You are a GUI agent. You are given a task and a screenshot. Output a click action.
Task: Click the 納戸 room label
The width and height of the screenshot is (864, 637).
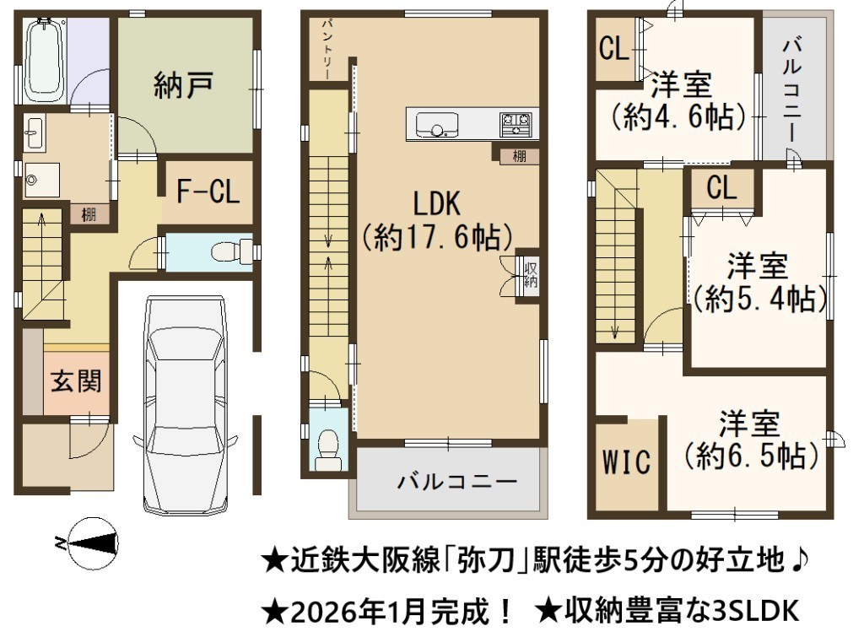[183, 85]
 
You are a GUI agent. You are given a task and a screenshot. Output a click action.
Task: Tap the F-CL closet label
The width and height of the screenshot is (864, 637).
[208, 192]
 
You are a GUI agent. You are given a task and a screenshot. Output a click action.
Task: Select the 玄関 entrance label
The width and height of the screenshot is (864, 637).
[76, 381]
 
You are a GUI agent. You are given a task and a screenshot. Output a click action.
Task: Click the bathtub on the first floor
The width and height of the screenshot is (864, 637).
[46, 60]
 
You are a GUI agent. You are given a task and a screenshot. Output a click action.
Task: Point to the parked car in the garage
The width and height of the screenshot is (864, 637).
[185, 406]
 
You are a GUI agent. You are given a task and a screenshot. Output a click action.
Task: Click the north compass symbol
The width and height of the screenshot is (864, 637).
[94, 543]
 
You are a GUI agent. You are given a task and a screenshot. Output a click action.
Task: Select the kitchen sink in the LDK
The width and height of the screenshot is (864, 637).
[437, 125]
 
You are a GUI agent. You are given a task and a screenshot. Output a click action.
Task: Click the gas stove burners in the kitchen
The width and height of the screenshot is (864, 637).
[516, 124]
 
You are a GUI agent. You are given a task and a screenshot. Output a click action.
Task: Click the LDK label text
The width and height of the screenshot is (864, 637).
[436, 203]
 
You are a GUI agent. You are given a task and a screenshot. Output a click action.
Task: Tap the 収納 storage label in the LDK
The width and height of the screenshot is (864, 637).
[531, 276]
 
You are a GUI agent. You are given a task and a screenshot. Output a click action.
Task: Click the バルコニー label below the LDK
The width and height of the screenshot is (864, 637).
[456, 482]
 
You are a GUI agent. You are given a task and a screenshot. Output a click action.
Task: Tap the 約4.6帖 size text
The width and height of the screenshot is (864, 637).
[679, 116]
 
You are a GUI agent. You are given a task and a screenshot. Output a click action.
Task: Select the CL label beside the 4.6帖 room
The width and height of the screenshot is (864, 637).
[614, 48]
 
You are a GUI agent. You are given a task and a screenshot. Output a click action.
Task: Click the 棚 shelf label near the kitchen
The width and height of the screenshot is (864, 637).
[519, 156]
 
